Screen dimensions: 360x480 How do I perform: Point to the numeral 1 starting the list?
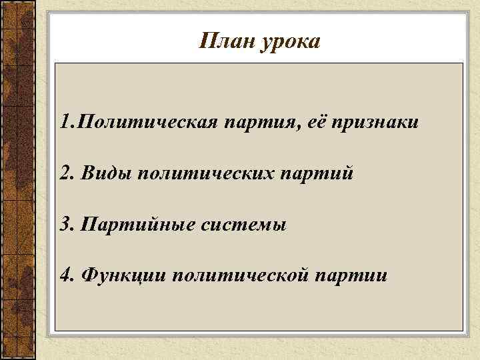click(x=63, y=123)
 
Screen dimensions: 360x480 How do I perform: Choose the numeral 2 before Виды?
click(x=64, y=173)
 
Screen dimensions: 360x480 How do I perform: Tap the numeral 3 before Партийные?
click(x=64, y=224)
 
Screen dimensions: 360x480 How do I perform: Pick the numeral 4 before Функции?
click(x=64, y=275)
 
